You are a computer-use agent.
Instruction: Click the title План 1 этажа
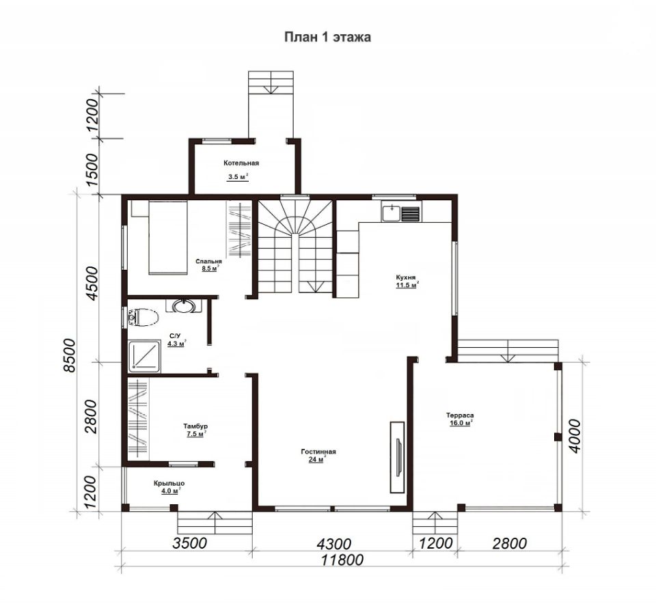(x=327, y=37)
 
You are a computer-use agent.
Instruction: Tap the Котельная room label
(x=241, y=163)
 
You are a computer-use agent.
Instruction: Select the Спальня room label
(x=208, y=262)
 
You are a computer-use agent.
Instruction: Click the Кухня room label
(x=406, y=277)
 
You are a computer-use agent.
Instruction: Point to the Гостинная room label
(x=318, y=452)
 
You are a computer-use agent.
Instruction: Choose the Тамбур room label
(x=195, y=426)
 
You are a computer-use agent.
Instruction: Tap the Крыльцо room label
(x=169, y=483)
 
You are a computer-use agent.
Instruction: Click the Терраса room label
(x=460, y=415)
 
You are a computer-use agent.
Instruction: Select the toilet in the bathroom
(x=143, y=318)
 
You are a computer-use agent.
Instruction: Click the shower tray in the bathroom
(x=144, y=357)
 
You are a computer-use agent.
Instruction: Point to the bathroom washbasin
(x=184, y=306)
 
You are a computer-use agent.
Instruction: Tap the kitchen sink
(x=392, y=213)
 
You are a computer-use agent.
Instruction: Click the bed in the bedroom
(x=167, y=238)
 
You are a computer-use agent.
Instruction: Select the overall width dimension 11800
(x=342, y=559)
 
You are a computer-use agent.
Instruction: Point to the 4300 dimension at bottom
(x=333, y=544)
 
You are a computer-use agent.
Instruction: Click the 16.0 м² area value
(x=460, y=423)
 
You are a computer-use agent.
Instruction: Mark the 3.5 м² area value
(x=238, y=177)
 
